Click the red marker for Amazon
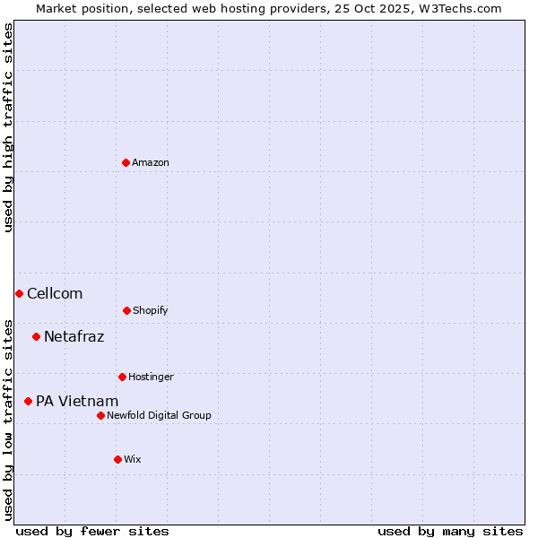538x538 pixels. coord(126,162)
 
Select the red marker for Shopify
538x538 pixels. coord(126,310)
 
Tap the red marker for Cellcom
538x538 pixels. coord(19,293)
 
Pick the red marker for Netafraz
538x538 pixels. coord(36,336)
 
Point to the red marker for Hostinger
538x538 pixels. coord(122,377)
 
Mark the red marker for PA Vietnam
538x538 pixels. coord(28,401)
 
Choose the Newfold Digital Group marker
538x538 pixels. coord(100,415)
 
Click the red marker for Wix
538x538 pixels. coord(117,459)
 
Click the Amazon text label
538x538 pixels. coord(151,163)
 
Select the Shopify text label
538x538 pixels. coord(151,311)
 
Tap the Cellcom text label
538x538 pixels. coord(55,294)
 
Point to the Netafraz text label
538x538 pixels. coord(74,337)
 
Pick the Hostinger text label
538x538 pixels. coord(151,377)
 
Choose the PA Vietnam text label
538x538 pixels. coord(77,402)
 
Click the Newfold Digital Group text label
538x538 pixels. coord(159,416)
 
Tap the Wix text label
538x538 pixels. coord(133,460)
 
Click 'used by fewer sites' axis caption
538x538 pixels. coord(92,531)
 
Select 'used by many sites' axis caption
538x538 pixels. coord(450,531)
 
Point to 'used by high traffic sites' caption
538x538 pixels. coord(8,127)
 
